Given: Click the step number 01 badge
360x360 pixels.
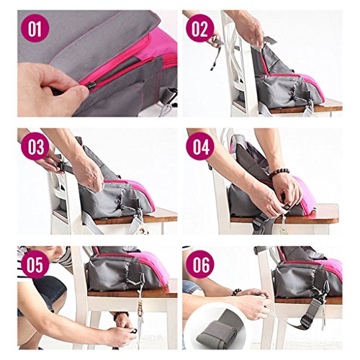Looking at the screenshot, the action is pyautogui.click(x=35, y=28).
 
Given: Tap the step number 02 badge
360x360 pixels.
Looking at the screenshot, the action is pyautogui.click(x=200, y=28).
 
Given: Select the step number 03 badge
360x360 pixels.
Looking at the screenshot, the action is pyautogui.click(x=35, y=146).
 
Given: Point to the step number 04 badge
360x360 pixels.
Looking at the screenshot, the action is pyautogui.click(x=200, y=146).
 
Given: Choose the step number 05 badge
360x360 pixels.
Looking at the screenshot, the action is pyautogui.click(x=35, y=264).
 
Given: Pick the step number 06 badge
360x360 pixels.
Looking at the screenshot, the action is pyautogui.click(x=200, y=264).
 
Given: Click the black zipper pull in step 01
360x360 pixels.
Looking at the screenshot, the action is pyautogui.click(x=92, y=85).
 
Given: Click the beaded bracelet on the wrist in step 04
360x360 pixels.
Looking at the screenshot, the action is pyautogui.click(x=280, y=171).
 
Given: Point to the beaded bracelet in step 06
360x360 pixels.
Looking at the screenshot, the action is pyautogui.click(x=237, y=292).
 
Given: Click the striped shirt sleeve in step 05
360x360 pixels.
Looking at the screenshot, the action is pyautogui.click(x=64, y=258).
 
